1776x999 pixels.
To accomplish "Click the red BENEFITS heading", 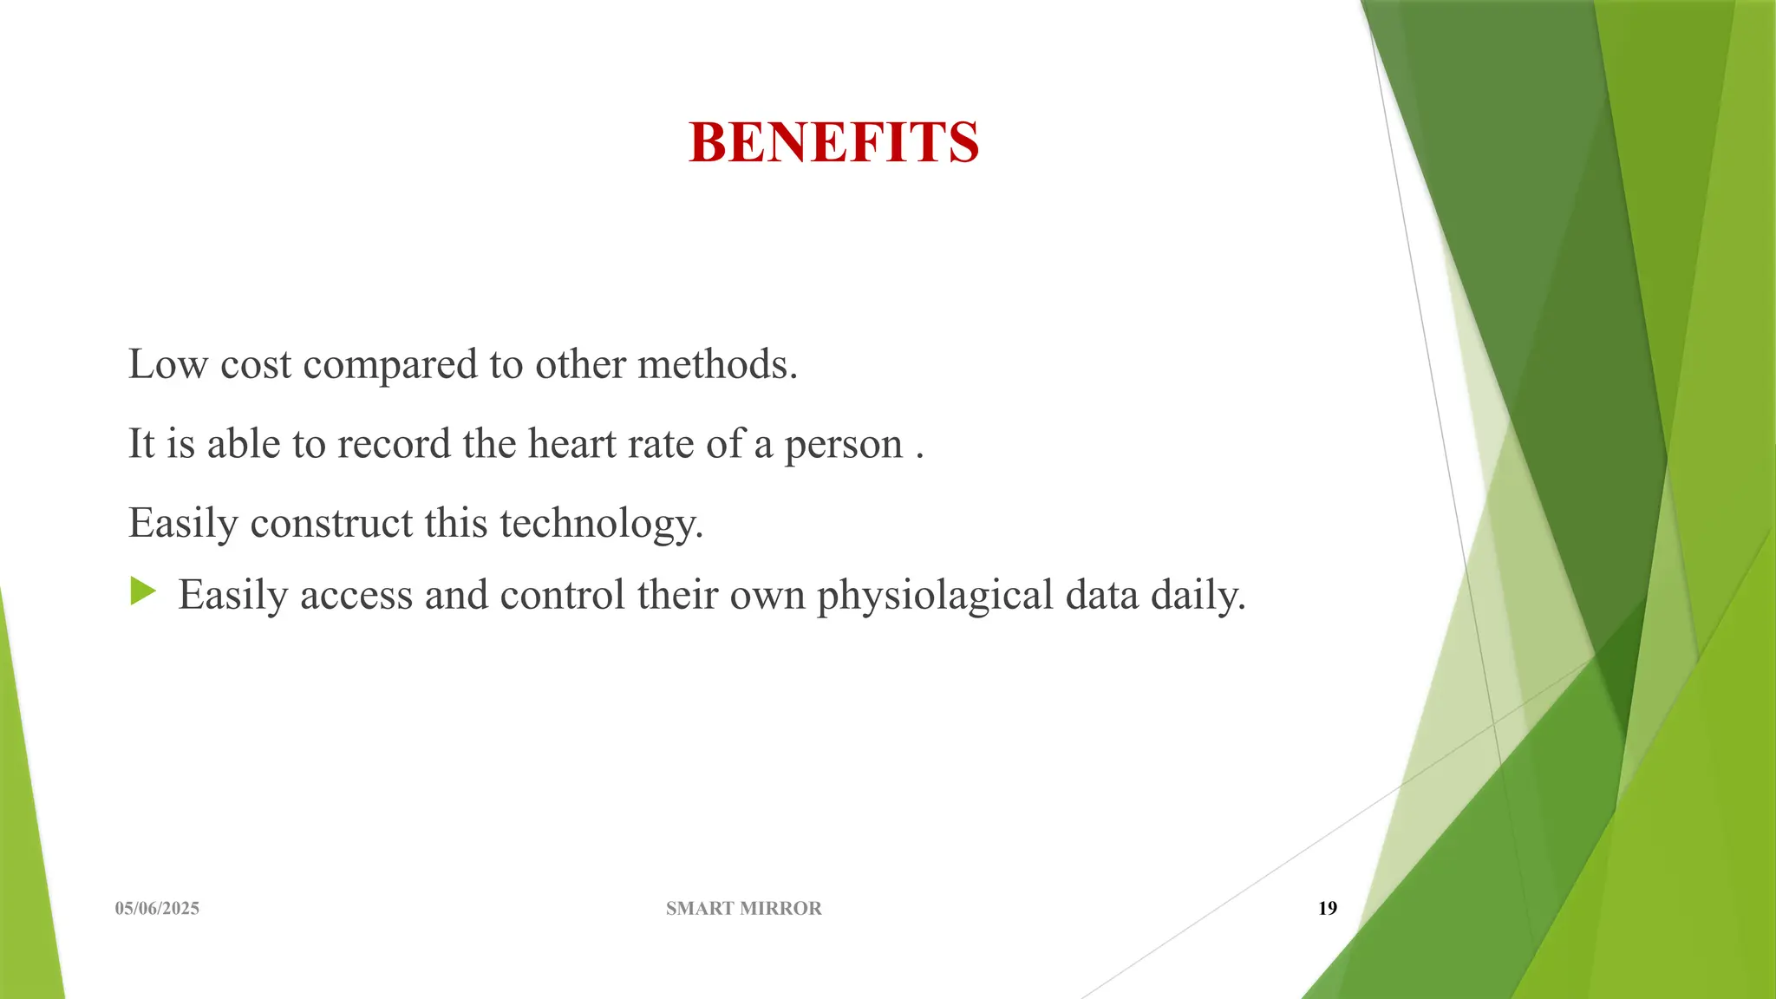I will [833, 142].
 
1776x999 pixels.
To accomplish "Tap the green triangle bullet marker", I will [143, 592].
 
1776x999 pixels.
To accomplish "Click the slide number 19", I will [1327, 908].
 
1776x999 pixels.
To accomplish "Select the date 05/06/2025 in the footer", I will [157, 908].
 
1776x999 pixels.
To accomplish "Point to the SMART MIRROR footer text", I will [743, 908].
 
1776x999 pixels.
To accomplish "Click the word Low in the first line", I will [167, 364].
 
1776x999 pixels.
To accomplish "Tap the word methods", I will [717, 364].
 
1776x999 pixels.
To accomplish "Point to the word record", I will [394, 444].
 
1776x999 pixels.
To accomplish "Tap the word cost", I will [256, 365].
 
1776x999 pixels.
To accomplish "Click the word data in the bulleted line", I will [1101, 595].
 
